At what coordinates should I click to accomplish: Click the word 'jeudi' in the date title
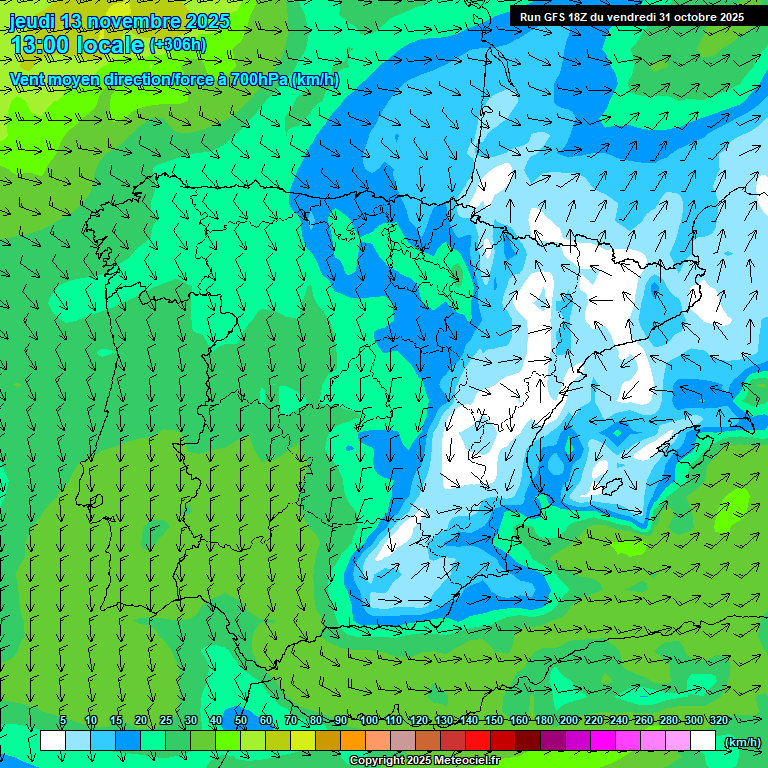32,21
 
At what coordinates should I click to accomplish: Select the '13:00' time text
42,45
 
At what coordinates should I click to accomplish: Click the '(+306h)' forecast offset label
177,45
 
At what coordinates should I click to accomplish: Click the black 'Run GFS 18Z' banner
631,17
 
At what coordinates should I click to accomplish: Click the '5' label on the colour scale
63,721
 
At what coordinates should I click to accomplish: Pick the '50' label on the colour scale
241,721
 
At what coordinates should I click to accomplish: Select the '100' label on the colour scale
369,721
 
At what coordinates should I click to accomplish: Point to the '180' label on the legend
544,721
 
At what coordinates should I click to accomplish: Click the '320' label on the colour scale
719,721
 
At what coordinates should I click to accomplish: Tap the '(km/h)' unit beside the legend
741,741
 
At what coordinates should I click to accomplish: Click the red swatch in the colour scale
478,741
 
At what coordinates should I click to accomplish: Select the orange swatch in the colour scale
353,741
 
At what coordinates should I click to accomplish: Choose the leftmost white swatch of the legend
53,741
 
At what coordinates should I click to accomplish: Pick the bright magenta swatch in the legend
603,741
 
